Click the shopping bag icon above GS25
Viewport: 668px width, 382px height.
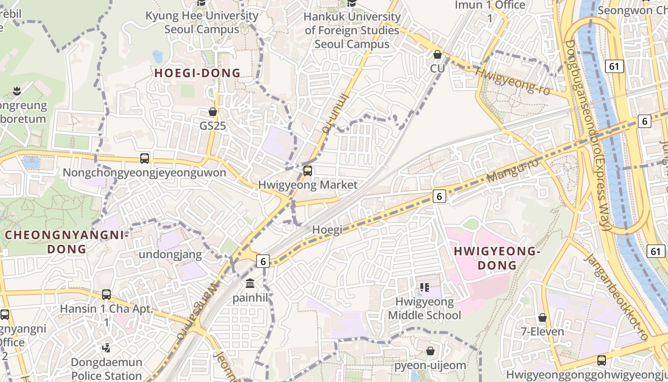pos(213,112)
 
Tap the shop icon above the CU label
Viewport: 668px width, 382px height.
pos(437,54)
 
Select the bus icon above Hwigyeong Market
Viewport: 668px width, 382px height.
pos(308,170)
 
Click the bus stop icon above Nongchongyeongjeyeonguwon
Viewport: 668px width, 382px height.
pos(145,159)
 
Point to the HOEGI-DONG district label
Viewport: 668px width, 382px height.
pos(197,73)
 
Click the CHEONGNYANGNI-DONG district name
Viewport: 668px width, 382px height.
pos(67,242)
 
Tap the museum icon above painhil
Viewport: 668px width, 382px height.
pos(250,284)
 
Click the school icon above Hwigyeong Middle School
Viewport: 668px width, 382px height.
pos(424,287)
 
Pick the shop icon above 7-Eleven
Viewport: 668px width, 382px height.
pos(542,318)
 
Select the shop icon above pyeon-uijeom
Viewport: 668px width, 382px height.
pos(430,351)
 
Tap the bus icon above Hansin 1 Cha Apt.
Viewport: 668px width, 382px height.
pos(106,295)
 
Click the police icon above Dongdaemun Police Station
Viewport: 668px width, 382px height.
pos(107,348)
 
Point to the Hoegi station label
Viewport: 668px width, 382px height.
pos(327,230)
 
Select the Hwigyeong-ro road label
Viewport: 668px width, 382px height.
pos(513,81)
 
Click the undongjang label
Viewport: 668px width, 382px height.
pos(170,255)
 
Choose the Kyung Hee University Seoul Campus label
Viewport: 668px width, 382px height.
pos(202,22)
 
